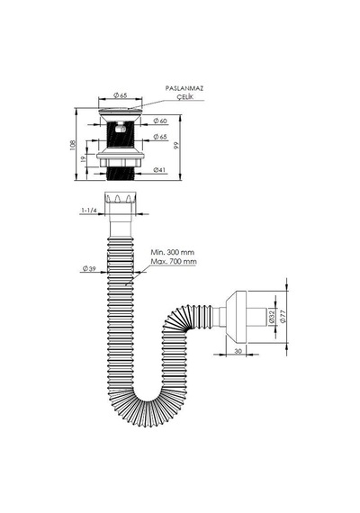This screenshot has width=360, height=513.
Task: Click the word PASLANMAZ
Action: (x=184, y=88)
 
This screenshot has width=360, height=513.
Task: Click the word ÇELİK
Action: (x=185, y=97)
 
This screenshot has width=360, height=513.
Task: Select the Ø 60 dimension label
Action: (x=160, y=121)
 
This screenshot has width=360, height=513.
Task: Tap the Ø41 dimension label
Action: (x=159, y=169)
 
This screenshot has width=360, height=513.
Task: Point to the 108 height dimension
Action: (x=73, y=145)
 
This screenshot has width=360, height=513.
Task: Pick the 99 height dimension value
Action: (x=177, y=146)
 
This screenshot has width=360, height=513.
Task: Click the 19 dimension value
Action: (x=83, y=159)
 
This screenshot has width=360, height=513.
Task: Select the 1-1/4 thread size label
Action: (x=89, y=211)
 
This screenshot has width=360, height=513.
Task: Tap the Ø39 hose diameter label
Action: (x=89, y=268)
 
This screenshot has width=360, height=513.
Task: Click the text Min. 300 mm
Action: (x=173, y=252)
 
